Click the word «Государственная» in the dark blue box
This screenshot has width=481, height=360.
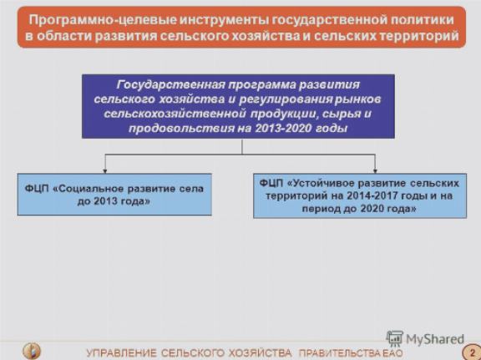[x=170, y=84]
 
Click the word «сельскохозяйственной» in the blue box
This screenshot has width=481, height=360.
[x=175, y=114]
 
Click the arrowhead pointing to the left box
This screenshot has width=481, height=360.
[x=105, y=170]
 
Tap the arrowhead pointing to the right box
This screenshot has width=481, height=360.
[x=375, y=170]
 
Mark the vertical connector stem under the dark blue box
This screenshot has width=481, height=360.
[x=242, y=146]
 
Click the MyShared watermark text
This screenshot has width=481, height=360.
[x=435, y=339]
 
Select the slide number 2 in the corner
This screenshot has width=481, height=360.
[x=473, y=352]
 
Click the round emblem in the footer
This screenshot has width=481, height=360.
[x=31, y=351]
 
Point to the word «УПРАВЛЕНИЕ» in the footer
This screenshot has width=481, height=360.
[x=121, y=353]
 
